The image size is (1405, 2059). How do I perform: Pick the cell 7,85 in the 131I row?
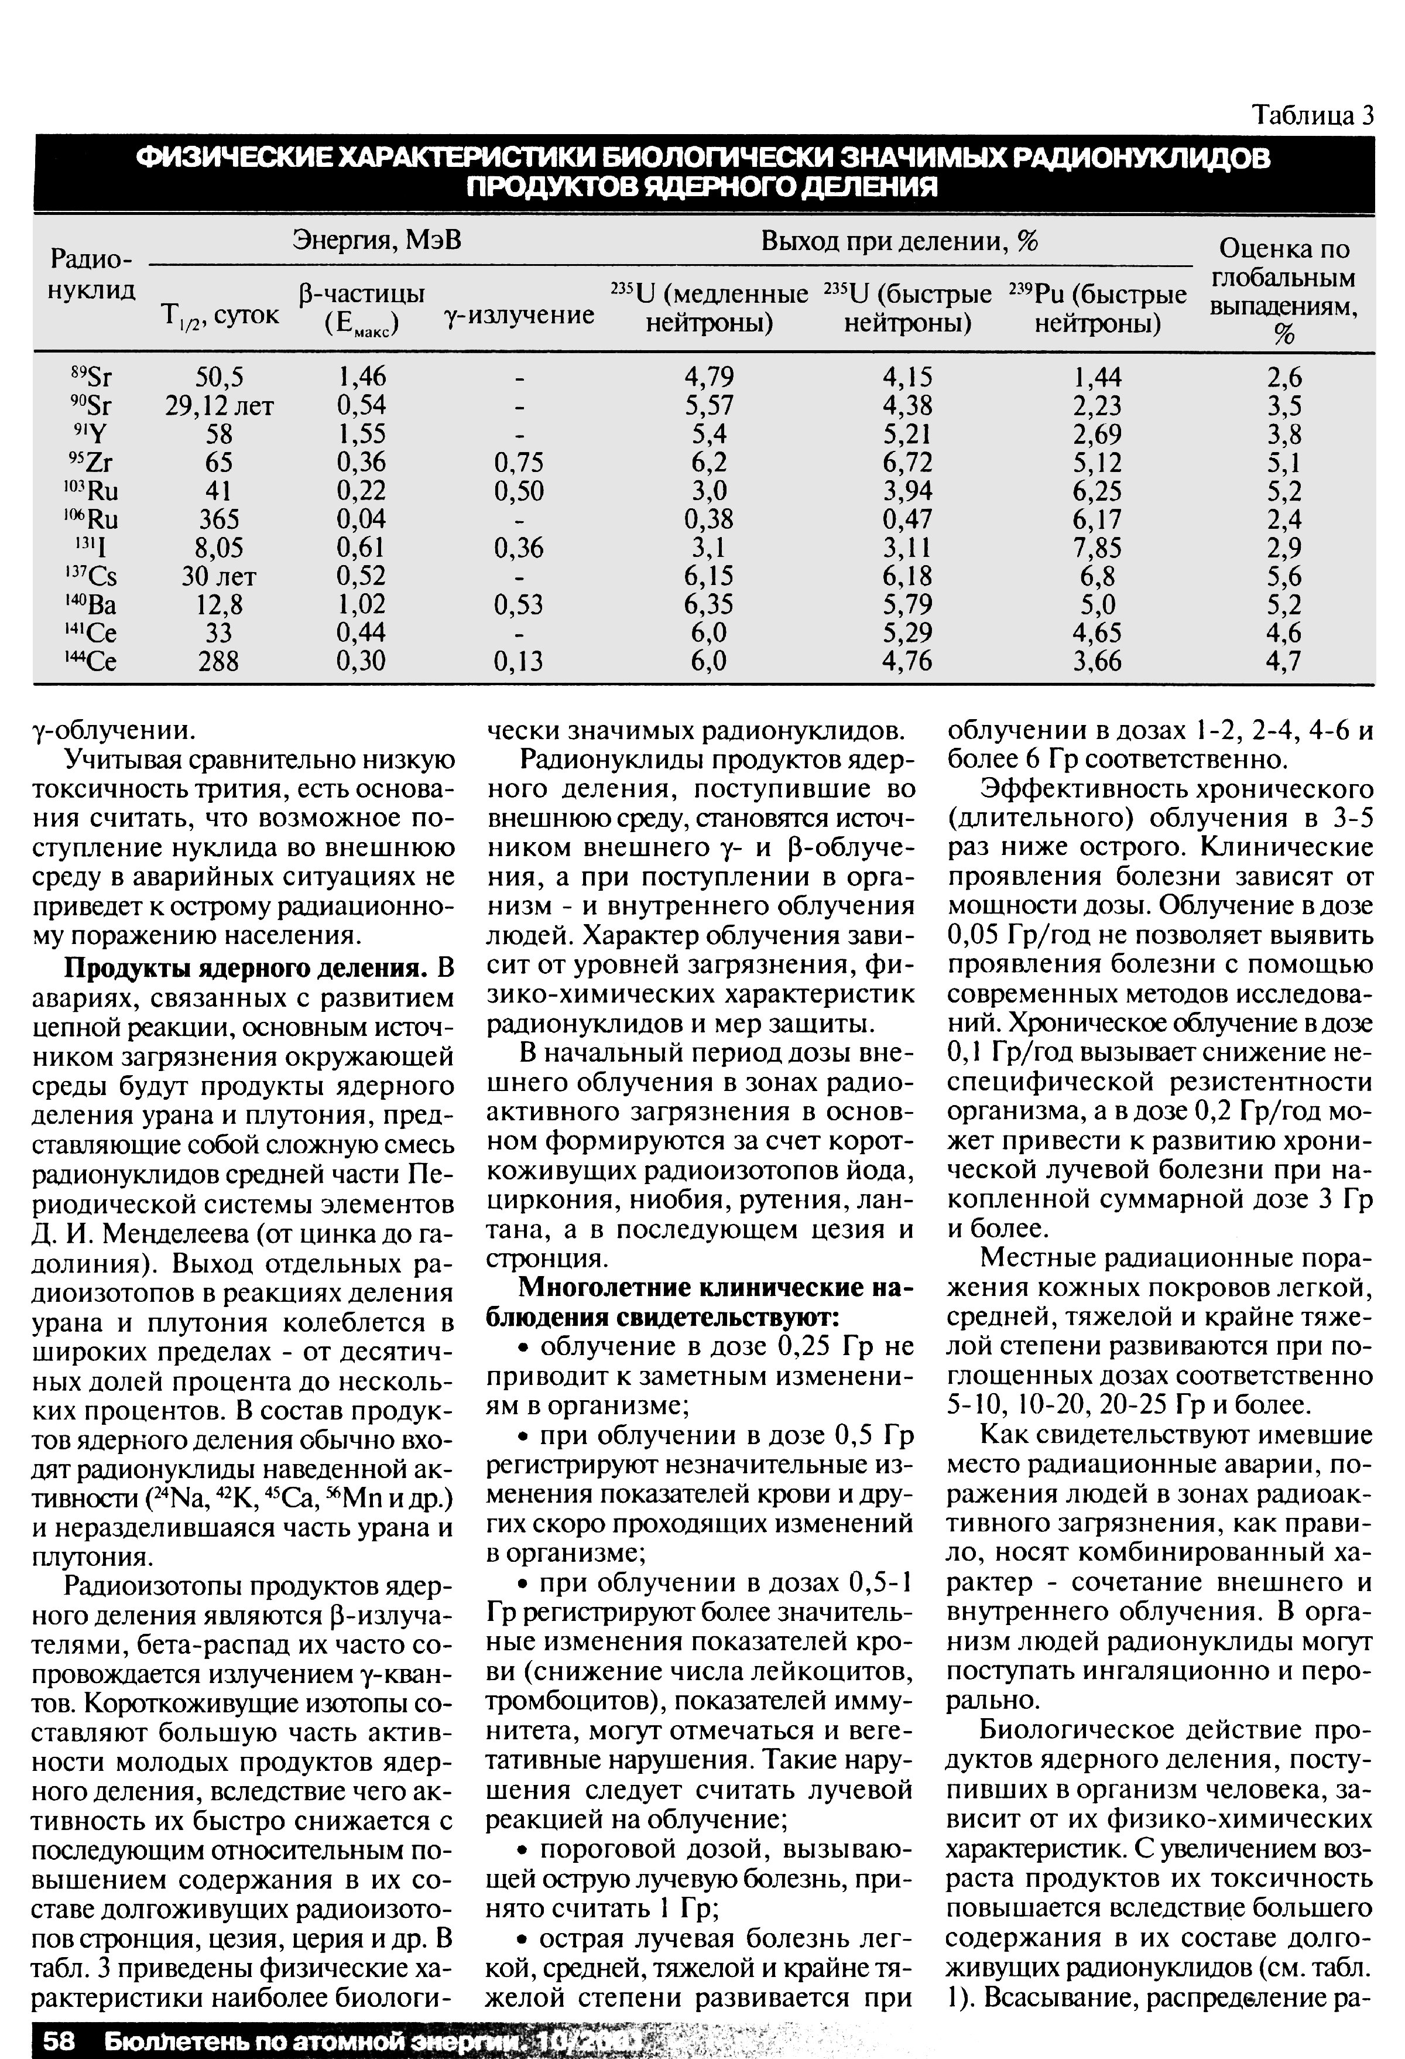click(x=1096, y=548)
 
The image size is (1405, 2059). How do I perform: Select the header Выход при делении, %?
click(x=899, y=241)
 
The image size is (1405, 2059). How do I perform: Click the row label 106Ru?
click(x=92, y=519)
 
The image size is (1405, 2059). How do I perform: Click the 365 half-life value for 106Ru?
click(x=219, y=519)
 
